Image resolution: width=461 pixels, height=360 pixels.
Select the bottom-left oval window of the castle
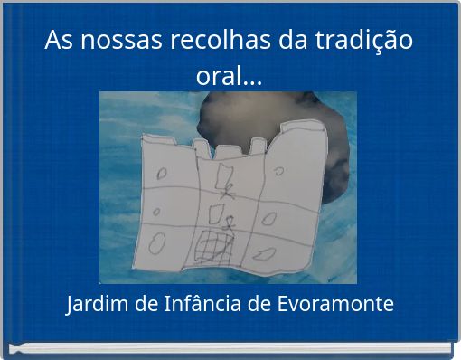(156, 243)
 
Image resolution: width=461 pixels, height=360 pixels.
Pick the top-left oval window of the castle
(164, 173)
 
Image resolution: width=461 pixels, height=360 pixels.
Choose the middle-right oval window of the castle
(271, 218)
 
